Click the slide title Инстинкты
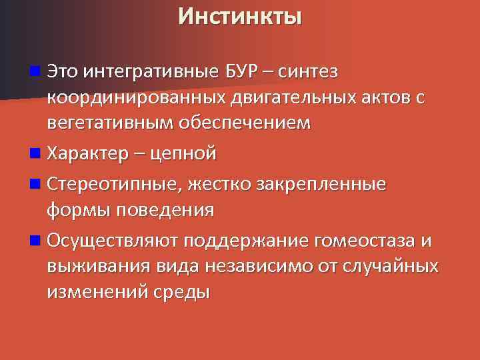239,15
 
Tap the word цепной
183,154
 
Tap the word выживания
100,266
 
